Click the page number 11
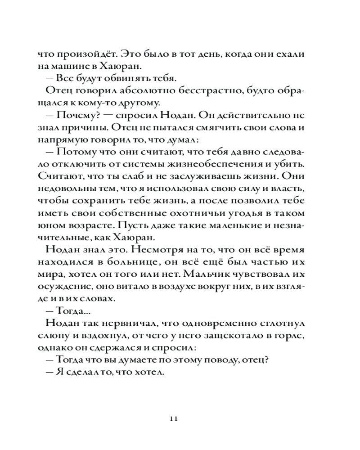[175, 419]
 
